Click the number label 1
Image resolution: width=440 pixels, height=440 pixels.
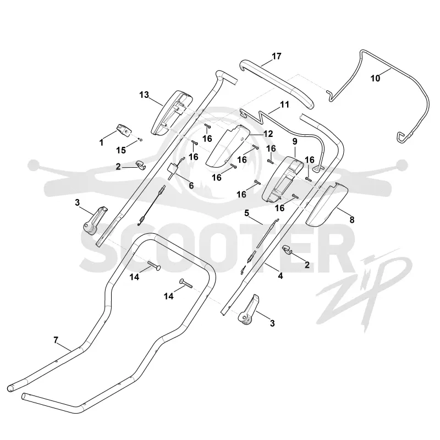coord(101,142)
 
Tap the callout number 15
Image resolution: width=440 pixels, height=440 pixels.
coord(121,150)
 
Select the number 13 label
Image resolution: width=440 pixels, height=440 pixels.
coord(144,95)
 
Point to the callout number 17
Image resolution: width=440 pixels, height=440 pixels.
coord(277,57)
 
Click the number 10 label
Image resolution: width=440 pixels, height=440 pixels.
coord(376,78)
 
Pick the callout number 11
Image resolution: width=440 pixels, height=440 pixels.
coord(284,105)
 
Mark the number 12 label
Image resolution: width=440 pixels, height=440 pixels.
coord(268,134)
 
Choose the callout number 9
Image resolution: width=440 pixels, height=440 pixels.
coord(295,142)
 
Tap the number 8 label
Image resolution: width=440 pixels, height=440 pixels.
coord(352,219)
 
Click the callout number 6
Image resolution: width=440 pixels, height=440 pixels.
coord(191,185)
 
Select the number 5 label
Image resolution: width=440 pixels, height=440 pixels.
coord(246,213)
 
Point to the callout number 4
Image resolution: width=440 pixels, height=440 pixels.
coord(280,276)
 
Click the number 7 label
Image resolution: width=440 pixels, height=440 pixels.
coord(56,340)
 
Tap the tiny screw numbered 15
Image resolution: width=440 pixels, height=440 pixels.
coord(141,140)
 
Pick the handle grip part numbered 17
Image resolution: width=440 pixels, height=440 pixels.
coord(277,84)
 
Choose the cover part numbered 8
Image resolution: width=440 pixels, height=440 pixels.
coord(327,204)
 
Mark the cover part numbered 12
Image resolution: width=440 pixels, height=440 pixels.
coord(228,145)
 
